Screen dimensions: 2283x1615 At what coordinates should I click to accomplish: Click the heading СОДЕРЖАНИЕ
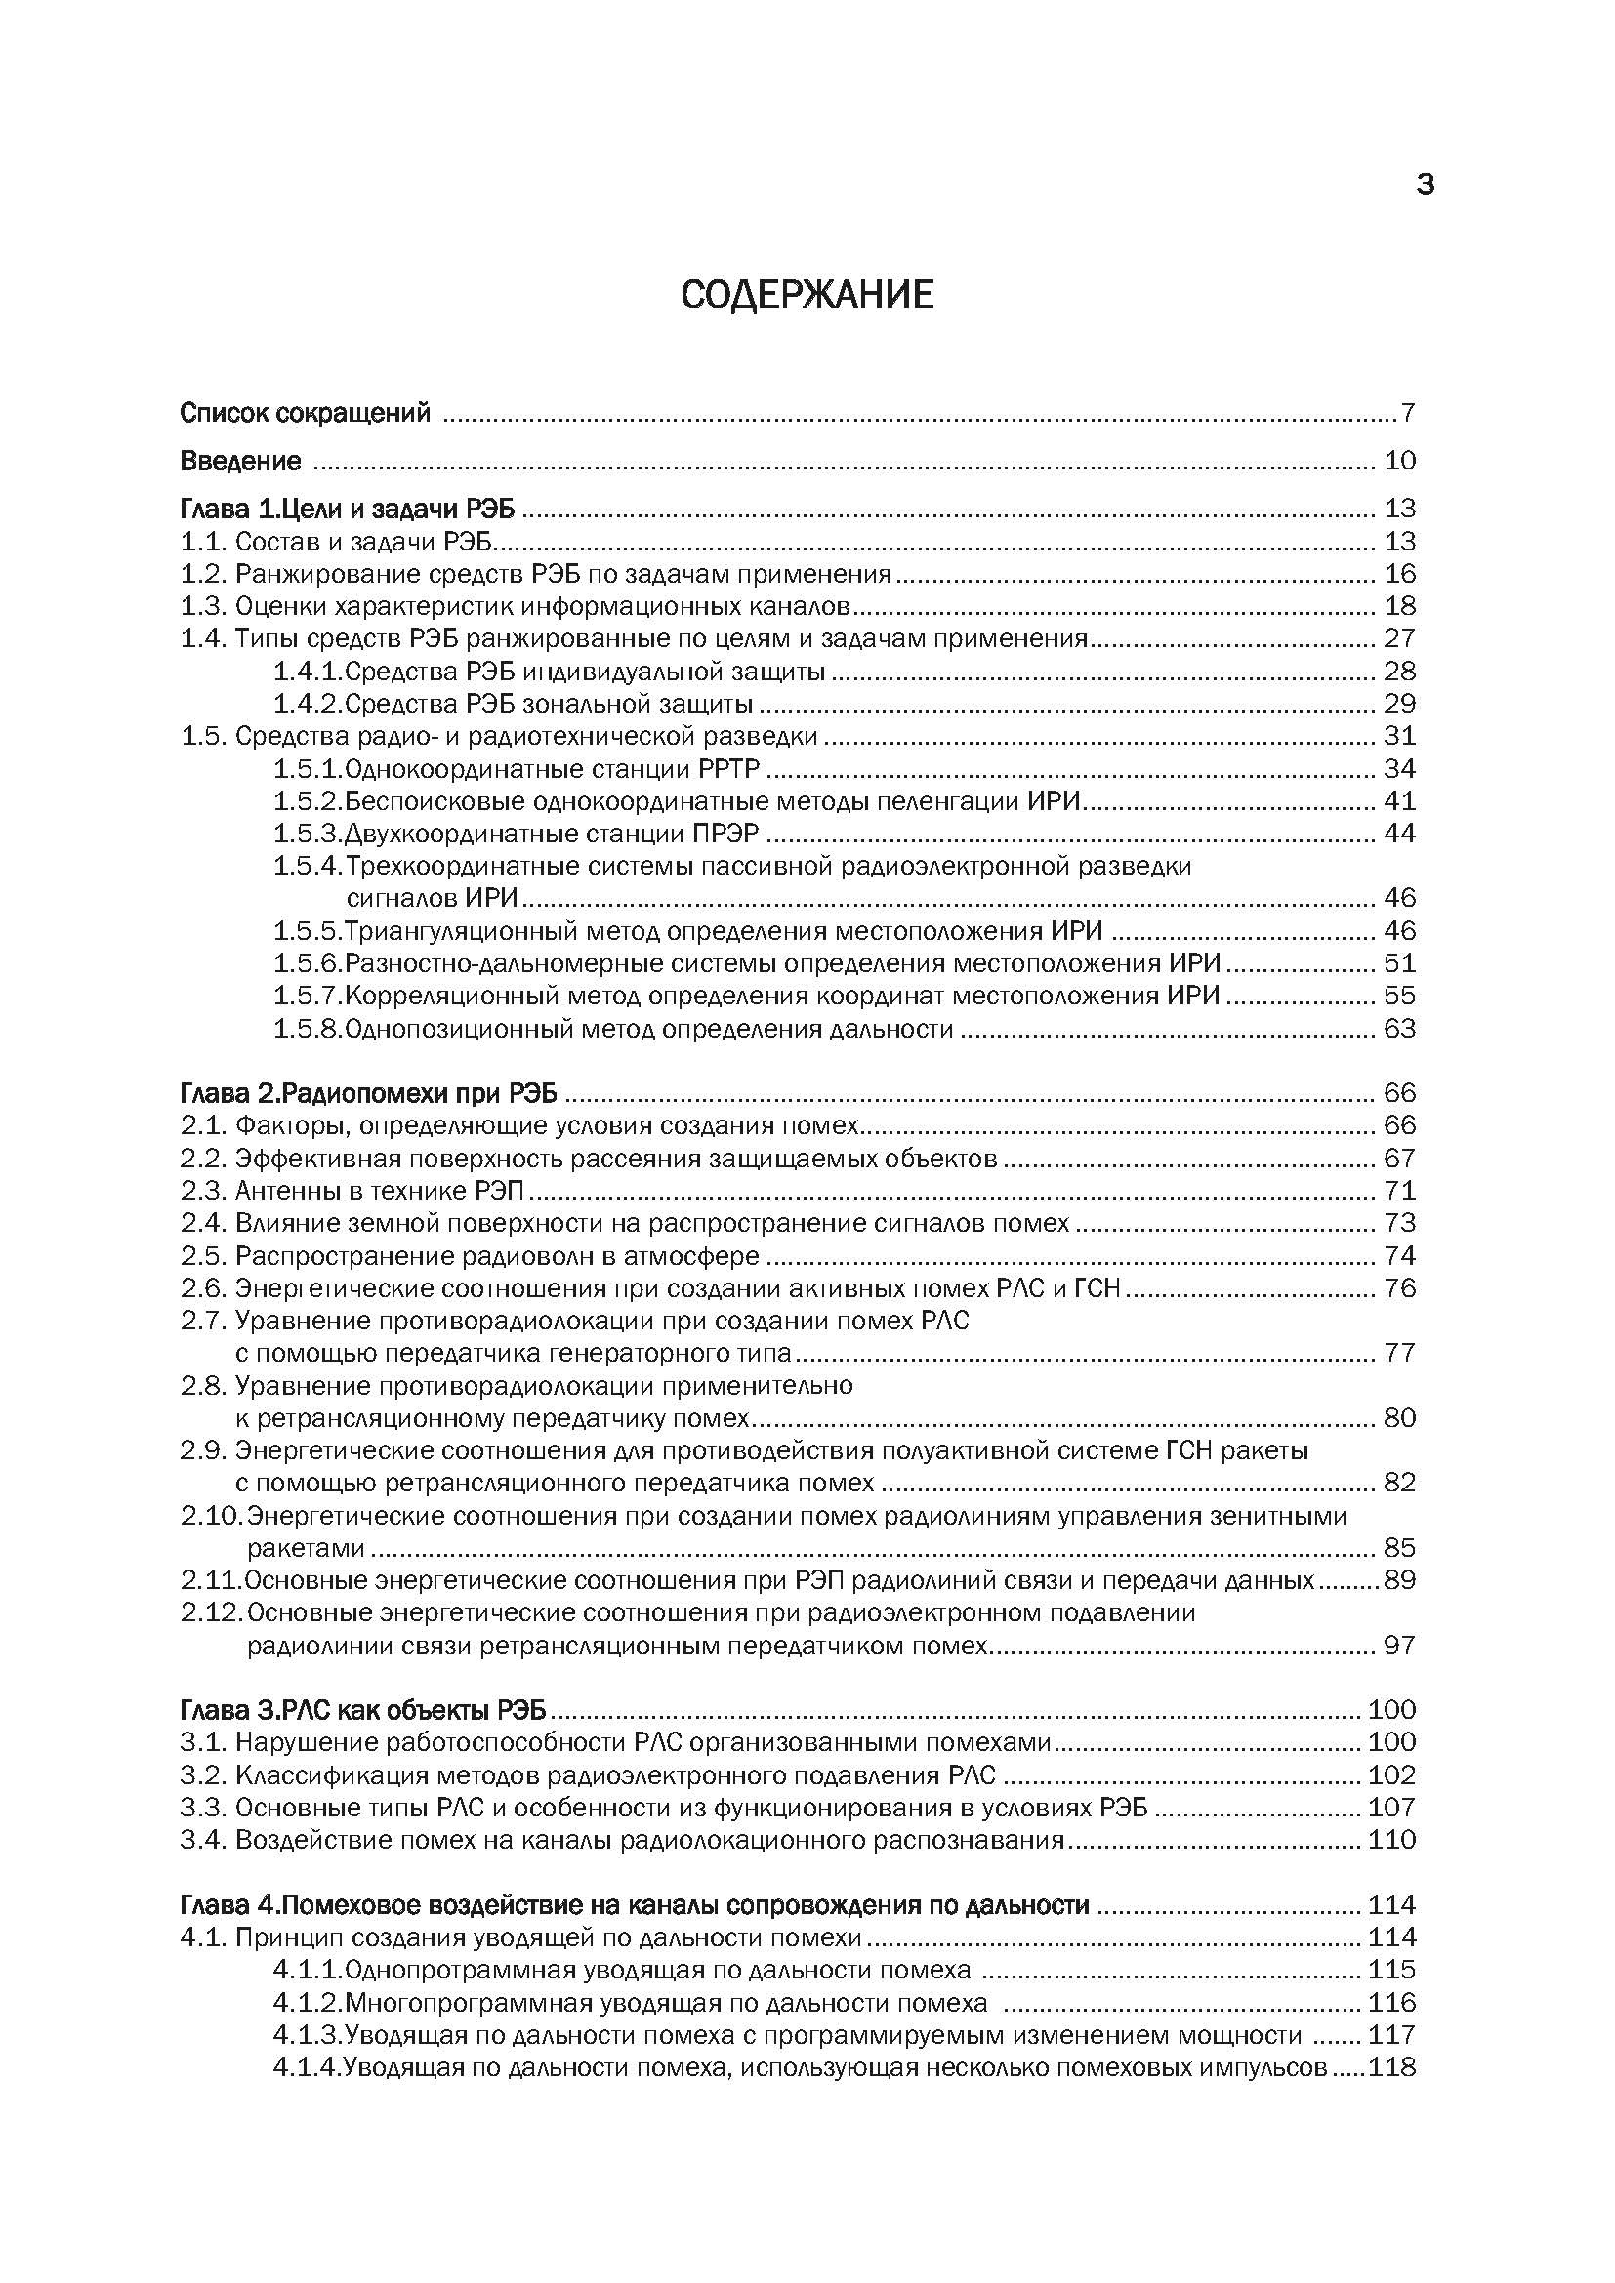[807, 296]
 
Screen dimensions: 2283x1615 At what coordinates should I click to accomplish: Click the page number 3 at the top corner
[1425, 184]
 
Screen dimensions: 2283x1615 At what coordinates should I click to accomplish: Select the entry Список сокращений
[306, 413]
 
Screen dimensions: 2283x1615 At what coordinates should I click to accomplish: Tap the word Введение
[240, 462]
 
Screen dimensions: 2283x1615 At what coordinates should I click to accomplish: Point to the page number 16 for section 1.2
[1399, 574]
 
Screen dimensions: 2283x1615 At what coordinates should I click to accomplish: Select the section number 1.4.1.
[308, 673]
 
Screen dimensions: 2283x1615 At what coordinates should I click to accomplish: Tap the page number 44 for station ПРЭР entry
[1399, 834]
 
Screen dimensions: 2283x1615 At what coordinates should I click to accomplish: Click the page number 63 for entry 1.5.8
[1399, 1028]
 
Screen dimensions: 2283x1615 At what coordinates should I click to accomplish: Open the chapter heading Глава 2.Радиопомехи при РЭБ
[369, 1094]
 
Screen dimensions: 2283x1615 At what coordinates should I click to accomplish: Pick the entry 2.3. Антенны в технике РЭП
[352, 1190]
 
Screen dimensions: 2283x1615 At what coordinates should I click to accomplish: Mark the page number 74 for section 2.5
[1399, 1256]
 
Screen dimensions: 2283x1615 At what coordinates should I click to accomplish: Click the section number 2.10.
[211, 1517]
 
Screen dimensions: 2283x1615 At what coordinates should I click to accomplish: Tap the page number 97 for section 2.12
[1399, 1646]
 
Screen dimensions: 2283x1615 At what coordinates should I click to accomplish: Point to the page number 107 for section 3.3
[1391, 1808]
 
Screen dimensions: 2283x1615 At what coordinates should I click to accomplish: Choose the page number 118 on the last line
[1391, 2068]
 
